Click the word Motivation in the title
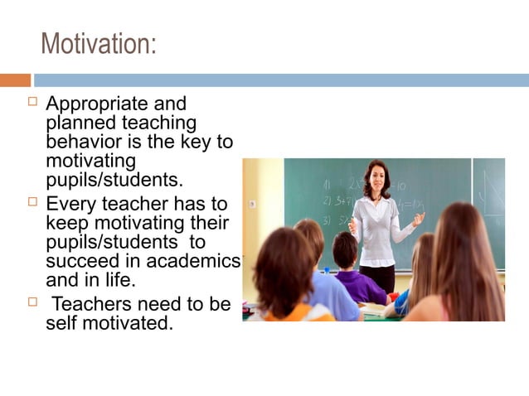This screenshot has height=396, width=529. (x=98, y=44)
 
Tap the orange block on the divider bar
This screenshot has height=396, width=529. (x=15, y=80)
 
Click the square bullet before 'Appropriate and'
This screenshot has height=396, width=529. (x=33, y=104)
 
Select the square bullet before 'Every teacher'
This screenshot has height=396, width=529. (x=33, y=201)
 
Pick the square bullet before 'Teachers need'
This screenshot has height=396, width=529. (x=33, y=302)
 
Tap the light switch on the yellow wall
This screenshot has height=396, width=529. (x=252, y=203)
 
